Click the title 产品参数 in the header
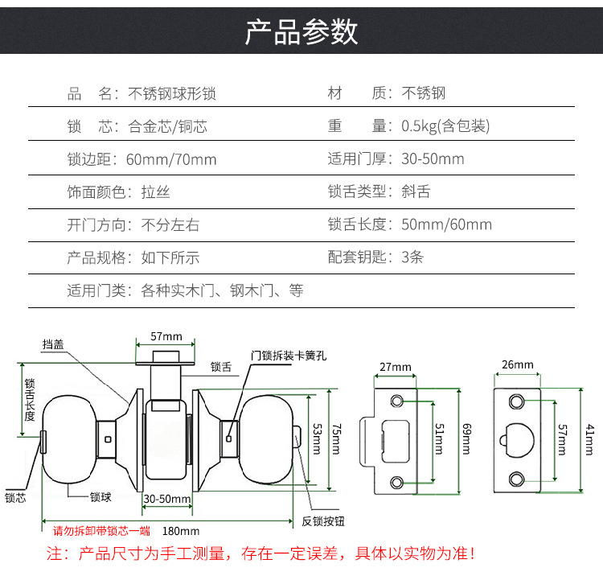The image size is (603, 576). (301, 31)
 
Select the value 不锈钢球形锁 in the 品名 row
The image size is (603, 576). (172, 93)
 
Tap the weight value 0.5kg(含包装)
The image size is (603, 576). (445, 126)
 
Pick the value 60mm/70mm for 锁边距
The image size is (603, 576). (171, 159)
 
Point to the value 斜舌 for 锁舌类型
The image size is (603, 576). (416, 191)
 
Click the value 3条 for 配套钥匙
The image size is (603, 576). (412, 257)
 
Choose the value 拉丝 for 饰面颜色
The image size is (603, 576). (155, 192)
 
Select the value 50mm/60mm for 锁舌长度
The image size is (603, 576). (446, 224)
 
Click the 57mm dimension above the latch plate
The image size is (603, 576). (166, 336)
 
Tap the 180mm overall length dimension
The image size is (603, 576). (181, 531)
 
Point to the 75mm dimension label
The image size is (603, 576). (337, 439)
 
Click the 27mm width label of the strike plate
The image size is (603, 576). (396, 367)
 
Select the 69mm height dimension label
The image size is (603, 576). (466, 439)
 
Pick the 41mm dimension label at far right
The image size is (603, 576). (589, 440)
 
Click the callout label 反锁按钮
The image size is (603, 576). (323, 521)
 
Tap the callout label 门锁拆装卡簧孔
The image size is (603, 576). (289, 356)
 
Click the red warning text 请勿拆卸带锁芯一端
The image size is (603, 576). (101, 531)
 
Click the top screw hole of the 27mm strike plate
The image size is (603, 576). (397, 401)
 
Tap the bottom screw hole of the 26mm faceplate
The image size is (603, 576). (516, 479)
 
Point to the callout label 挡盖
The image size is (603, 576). (53, 344)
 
